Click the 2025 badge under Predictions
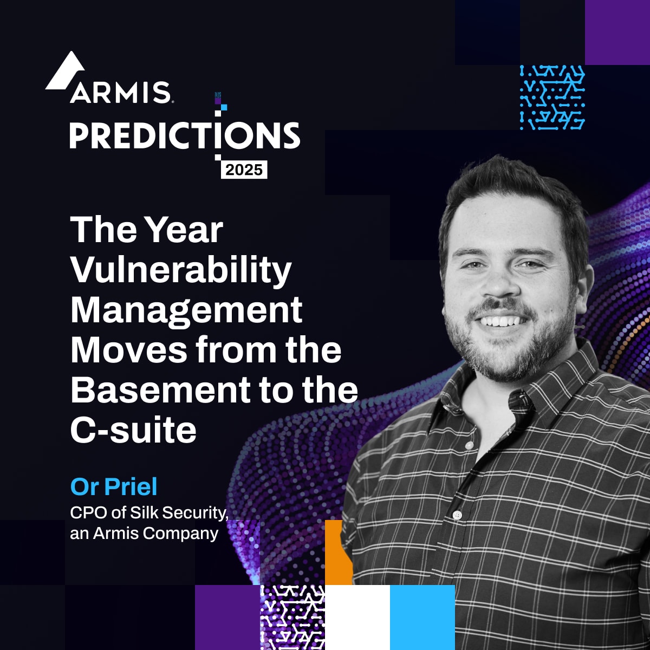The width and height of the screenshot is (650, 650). tap(244, 170)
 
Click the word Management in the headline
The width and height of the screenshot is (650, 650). tap(186, 310)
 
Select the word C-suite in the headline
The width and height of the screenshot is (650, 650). tap(133, 430)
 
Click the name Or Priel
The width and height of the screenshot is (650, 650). tap(114, 486)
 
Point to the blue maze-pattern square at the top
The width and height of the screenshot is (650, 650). tap(552, 97)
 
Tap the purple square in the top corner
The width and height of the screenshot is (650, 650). tap(617, 32)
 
